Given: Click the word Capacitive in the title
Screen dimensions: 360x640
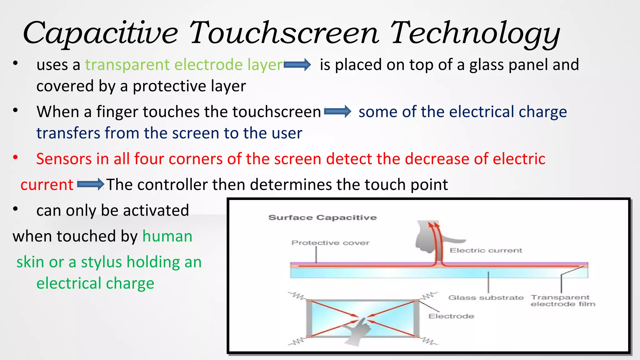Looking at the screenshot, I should coord(100,33).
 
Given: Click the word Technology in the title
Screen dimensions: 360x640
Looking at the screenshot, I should coord(475,33).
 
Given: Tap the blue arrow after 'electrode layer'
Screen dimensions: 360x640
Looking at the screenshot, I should coord(297,65).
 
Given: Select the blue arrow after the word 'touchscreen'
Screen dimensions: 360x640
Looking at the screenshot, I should coord(337,112).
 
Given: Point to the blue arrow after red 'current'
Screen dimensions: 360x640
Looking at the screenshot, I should coord(90,184).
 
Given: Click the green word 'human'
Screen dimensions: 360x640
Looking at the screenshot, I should coord(167,236).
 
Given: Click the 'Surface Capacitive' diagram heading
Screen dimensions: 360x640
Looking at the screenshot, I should coord(322,217).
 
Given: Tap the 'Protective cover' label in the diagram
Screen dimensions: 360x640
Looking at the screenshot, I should coord(330,243).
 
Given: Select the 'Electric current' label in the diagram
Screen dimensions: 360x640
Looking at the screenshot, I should coord(486,250).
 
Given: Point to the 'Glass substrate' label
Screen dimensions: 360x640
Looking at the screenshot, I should coord(486,297).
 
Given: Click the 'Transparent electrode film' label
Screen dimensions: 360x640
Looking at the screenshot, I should coord(562,301).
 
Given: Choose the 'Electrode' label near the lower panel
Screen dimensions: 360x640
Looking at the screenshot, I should coord(451,316).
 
